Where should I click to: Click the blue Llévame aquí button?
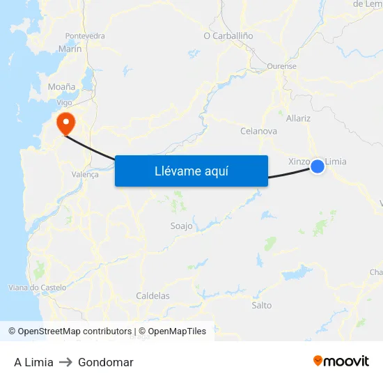pos(191,171)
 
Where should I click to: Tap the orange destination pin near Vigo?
pos(66,123)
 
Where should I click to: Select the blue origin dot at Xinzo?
pos(318,166)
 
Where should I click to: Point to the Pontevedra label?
pos(85,36)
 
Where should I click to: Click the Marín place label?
pos(70,49)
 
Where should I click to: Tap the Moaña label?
pos(61,87)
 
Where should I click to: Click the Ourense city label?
pos(282,67)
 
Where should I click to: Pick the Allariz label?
pos(298,118)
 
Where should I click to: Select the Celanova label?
pos(258,131)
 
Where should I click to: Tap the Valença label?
pos(85,175)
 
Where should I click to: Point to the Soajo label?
pos(182,226)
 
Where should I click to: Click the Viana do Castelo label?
pos(37,288)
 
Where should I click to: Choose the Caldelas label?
pos(153,296)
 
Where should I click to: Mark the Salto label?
pos(262,305)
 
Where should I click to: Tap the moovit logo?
pos(341,361)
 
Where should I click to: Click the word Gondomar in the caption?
pos(106,362)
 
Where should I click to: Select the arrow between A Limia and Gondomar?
pos(65,362)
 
